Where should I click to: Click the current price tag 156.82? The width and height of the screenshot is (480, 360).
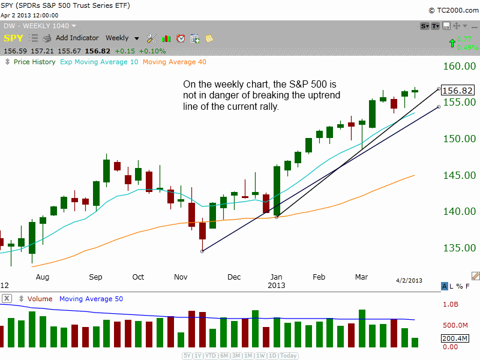458,90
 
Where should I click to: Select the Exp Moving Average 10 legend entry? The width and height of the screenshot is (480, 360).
99,62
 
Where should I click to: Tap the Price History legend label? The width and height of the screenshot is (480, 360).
34,62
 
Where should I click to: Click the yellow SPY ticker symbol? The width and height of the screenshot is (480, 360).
14,38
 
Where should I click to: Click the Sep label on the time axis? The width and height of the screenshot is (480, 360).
95,277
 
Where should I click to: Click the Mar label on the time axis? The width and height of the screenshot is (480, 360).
361,277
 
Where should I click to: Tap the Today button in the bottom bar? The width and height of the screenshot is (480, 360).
289,356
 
